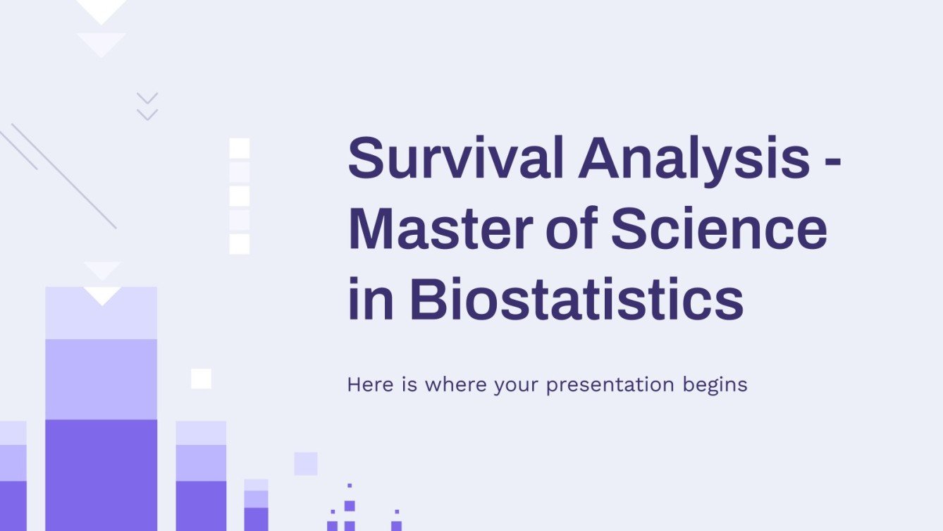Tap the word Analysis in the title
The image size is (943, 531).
pos(694,159)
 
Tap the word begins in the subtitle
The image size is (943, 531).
pos(714,385)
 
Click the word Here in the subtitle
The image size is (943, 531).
pos(367,385)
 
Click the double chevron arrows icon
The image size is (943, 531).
pos(147,106)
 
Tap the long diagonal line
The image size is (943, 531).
pos(63,176)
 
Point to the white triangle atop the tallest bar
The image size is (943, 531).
pos(102,294)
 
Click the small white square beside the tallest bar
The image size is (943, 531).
pos(201,379)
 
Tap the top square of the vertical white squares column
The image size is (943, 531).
pos(240,148)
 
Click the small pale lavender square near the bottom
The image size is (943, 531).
pos(305,463)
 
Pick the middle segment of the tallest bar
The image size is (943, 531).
pos(101,379)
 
